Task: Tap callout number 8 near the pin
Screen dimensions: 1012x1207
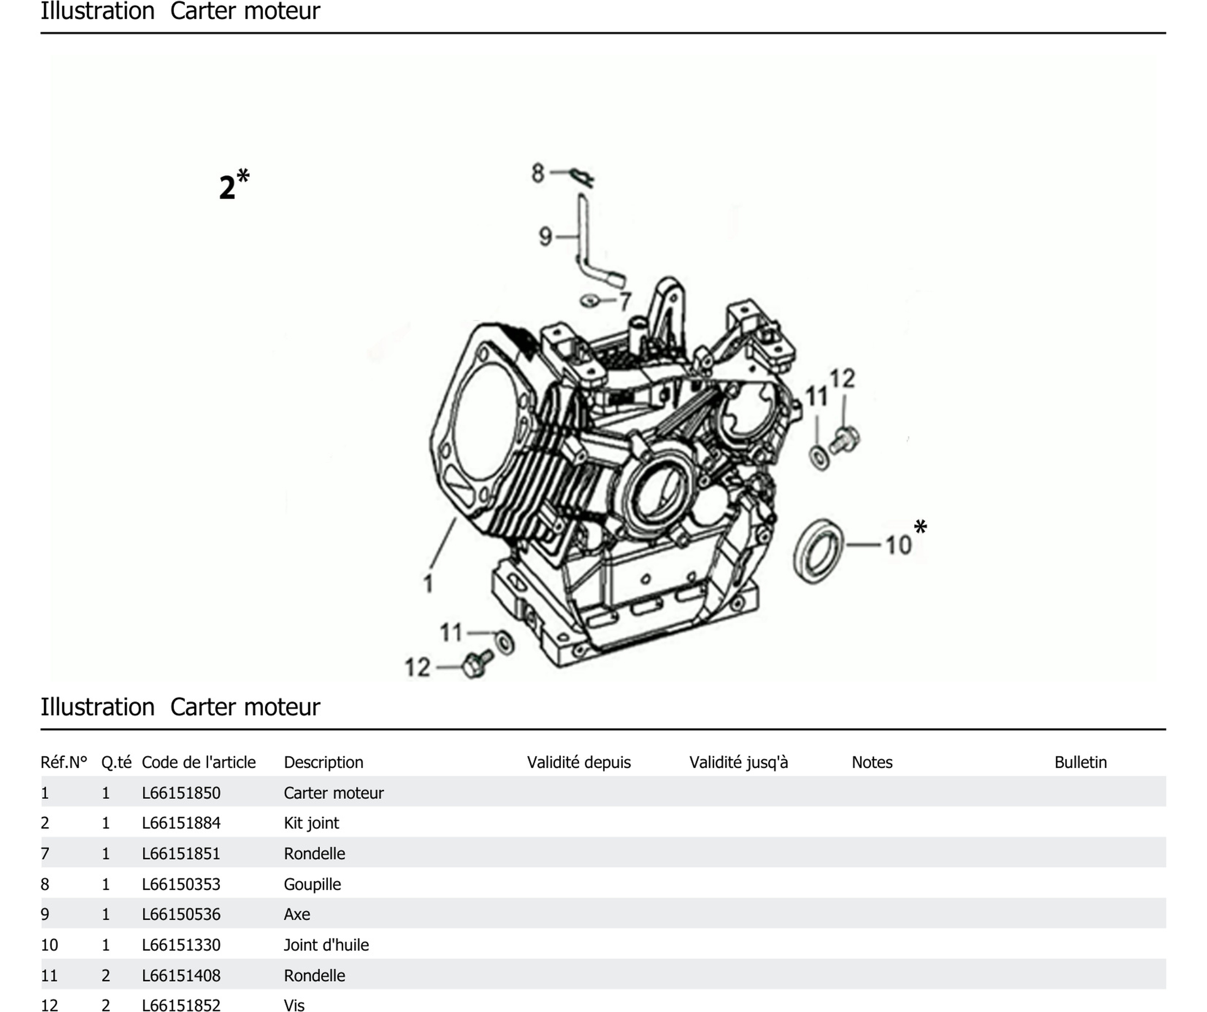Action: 537,172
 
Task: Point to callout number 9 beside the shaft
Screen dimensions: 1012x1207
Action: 545,236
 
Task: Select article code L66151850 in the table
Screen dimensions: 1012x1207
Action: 181,793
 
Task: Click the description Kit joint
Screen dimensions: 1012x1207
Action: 311,823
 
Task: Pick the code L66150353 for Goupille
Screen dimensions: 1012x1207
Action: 181,884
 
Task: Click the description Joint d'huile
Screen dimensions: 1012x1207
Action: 326,945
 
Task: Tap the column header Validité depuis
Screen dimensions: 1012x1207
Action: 578,762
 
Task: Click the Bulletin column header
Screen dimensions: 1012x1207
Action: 1080,762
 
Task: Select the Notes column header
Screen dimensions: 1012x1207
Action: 871,762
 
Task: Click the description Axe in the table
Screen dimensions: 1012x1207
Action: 296,914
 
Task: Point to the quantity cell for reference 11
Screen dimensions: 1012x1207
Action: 106,975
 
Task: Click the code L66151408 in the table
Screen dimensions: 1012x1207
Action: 181,975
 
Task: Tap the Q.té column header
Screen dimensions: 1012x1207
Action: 116,762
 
